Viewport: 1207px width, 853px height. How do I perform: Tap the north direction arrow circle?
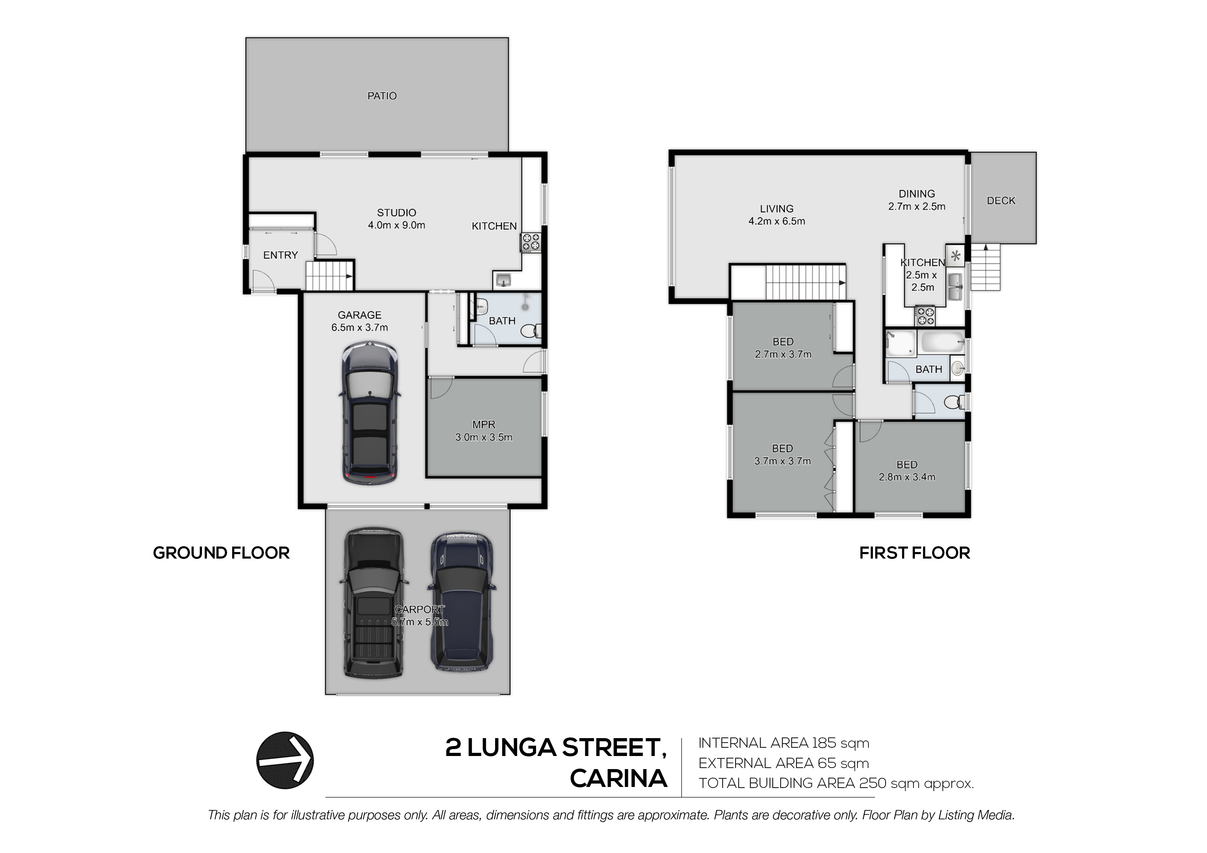point(285,760)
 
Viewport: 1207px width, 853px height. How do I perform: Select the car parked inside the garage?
point(370,413)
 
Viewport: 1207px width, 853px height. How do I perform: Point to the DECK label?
point(1001,201)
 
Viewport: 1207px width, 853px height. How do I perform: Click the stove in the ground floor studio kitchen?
point(531,243)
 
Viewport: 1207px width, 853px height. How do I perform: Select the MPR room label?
point(484,425)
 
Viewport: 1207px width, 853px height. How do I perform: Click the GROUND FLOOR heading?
point(221,553)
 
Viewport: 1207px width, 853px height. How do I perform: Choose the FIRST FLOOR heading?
point(915,553)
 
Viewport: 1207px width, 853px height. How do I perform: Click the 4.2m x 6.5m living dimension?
point(777,221)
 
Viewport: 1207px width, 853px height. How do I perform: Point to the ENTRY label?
point(280,255)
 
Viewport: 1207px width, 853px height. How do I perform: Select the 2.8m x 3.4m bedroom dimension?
point(907,477)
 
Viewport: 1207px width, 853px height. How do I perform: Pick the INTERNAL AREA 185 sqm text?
point(784,743)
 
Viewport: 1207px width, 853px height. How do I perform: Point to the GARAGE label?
point(360,315)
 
